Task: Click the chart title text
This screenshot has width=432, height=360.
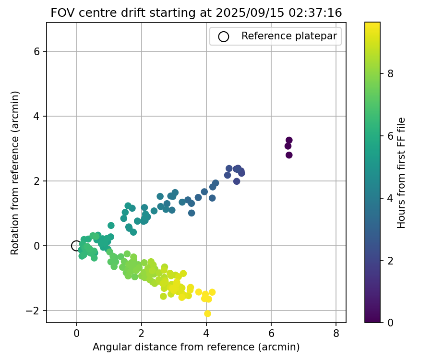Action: (196, 13)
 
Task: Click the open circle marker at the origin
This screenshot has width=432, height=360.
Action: (76, 246)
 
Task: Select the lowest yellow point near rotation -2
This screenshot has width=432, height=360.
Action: (207, 313)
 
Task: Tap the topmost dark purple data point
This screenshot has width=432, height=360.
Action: (289, 140)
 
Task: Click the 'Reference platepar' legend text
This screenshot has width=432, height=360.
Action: (289, 36)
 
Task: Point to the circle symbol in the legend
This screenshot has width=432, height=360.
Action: (223, 36)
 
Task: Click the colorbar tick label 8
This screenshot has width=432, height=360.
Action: (390, 73)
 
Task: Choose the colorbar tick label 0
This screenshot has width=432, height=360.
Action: (390, 322)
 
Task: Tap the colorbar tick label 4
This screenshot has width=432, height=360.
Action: (390, 198)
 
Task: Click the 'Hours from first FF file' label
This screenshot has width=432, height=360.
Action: (402, 172)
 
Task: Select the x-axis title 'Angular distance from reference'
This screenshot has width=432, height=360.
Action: (196, 347)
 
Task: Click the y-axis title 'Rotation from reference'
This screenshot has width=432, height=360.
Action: (15, 172)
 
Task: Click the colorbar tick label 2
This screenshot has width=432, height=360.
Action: (390, 260)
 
